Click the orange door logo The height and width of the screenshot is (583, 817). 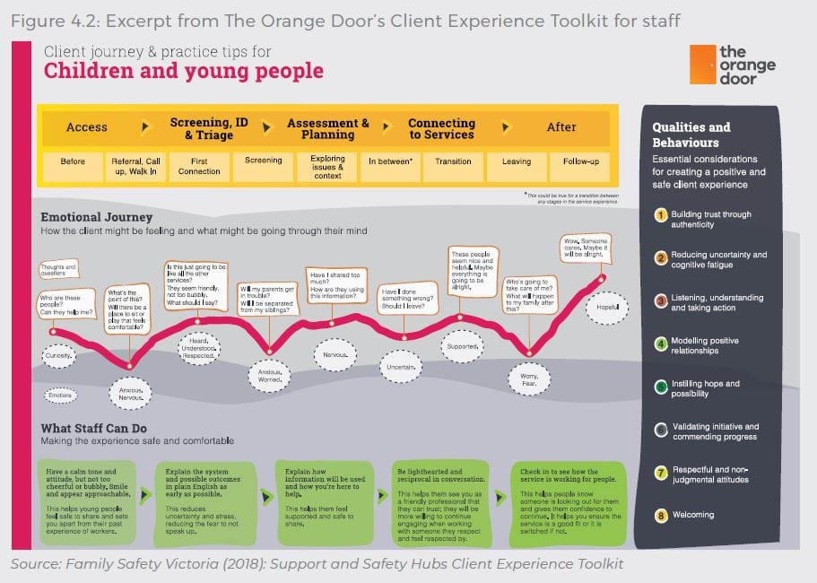pyautogui.click(x=732, y=65)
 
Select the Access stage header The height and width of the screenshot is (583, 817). pyautogui.click(x=87, y=127)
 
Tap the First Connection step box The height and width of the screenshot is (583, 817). pyautogui.click(x=199, y=166)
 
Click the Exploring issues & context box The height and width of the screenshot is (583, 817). pyautogui.click(x=327, y=166)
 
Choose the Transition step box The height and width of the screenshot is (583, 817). pyautogui.click(x=453, y=162)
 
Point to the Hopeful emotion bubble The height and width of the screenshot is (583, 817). pyautogui.click(x=607, y=309)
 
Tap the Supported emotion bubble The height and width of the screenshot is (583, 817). pyautogui.click(x=464, y=346)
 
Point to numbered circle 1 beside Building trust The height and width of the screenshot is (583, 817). pyautogui.click(x=660, y=214)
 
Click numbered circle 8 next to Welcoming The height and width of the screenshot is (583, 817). pyautogui.click(x=660, y=515)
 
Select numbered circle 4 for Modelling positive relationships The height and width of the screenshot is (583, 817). pyautogui.click(x=660, y=343)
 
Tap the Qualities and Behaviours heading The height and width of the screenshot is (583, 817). pyautogui.click(x=691, y=135)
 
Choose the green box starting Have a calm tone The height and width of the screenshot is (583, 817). pyautogui.click(x=86, y=504)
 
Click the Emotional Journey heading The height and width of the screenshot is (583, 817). pyautogui.click(x=97, y=217)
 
